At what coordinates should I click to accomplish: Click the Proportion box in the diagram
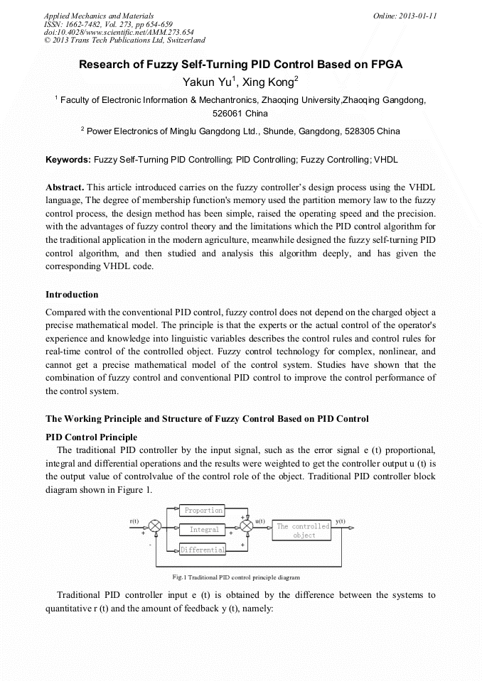pyautogui.click(x=203, y=510)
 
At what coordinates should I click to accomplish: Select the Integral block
pyautogui.click(x=203, y=530)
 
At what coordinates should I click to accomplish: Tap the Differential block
pyautogui.click(x=203, y=550)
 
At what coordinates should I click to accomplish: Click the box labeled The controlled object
pyautogui.click(x=304, y=530)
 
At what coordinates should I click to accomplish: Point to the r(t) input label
pyautogui.click(x=134, y=521)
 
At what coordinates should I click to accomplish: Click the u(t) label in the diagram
pyautogui.click(x=260, y=521)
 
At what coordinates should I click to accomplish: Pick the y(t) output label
pyautogui.click(x=341, y=521)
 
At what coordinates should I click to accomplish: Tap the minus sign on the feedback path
pyautogui.click(x=151, y=545)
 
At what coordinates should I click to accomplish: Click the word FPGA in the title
pyautogui.click(x=385, y=65)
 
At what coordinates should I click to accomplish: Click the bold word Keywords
pyautogui.click(x=68, y=160)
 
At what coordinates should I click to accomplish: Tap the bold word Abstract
pyautogui.click(x=65, y=187)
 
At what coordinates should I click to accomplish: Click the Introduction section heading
pyautogui.click(x=72, y=295)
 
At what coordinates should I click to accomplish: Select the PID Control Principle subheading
pyautogui.click(x=91, y=437)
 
